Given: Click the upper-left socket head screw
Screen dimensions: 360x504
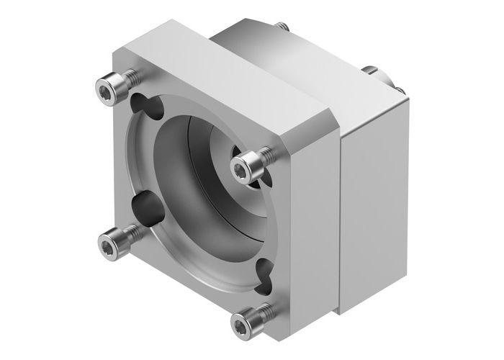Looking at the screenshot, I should pos(109,89).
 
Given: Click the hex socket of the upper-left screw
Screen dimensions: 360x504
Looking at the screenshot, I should pos(104,89).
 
